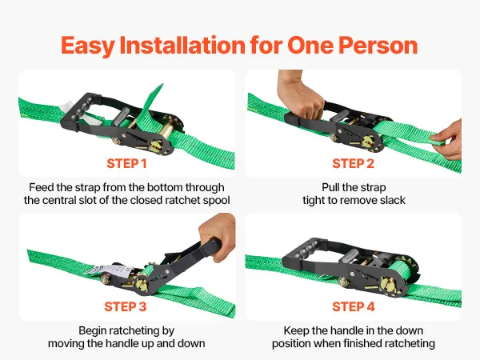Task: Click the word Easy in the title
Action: click(87, 46)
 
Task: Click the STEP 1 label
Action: click(126, 163)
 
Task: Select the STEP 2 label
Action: click(354, 163)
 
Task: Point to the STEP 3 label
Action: click(126, 306)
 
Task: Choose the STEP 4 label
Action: click(354, 306)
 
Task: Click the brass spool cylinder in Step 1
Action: click(167, 130)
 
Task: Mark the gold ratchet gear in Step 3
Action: click(142, 282)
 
